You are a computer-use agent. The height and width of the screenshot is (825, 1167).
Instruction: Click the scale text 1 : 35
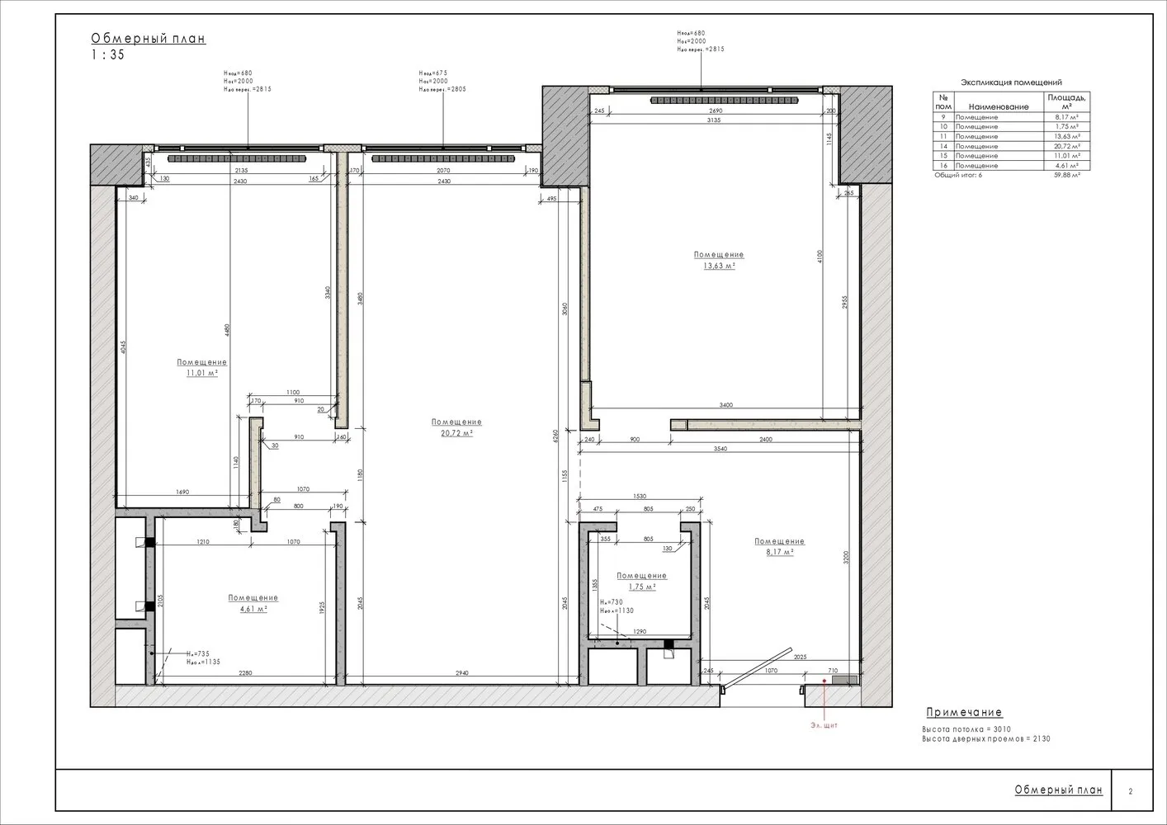click(107, 55)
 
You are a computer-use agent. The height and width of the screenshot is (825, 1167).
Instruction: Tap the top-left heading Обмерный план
click(148, 38)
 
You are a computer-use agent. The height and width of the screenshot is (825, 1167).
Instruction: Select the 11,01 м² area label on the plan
click(201, 373)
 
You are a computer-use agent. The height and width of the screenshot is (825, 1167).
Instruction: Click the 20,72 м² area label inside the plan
click(456, 432)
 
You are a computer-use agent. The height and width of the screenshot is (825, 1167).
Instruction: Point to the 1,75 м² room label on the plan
click(641, 587)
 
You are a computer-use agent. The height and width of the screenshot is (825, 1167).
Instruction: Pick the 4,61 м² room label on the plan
click(253, 608)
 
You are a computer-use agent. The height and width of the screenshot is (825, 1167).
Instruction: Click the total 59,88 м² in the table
click(1066, 175)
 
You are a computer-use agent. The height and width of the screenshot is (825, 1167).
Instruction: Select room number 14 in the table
click(943, 146)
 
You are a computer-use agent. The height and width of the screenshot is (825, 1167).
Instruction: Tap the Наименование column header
click(999, 106)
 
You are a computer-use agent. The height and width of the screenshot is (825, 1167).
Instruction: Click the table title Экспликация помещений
click(1011, 82)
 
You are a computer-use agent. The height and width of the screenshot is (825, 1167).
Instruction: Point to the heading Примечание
click(963, 713)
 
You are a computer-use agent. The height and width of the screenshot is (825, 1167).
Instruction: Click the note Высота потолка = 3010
click(966, 729)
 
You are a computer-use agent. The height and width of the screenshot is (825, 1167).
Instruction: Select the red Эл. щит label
click(824, 725)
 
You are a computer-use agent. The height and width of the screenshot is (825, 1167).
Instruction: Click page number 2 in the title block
click(1130, 791)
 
